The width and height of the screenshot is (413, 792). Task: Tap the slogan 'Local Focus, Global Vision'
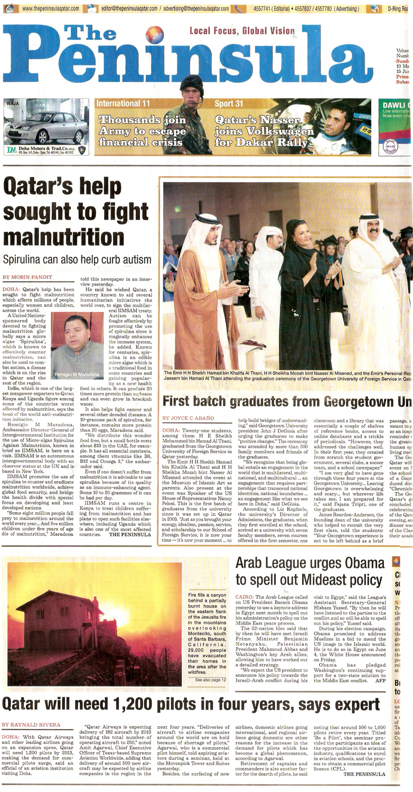[242, 31]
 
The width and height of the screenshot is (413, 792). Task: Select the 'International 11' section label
[124, 104]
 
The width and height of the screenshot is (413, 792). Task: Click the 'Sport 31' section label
[229, 104]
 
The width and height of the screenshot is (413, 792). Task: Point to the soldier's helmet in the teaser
[191, 83]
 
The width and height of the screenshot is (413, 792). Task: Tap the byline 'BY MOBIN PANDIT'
[27, 277]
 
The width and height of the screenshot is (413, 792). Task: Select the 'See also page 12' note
[211, 680]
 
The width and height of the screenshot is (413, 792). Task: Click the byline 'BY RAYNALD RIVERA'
[32, 724]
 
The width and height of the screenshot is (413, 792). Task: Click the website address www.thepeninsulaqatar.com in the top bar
[51, 8]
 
